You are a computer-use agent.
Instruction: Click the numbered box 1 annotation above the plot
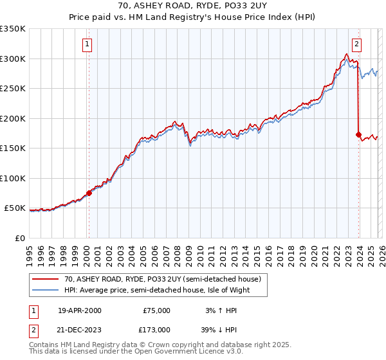[x=87, y=44]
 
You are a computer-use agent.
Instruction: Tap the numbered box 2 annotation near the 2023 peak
[x=356, y=44]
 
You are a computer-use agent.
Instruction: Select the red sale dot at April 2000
[x=89, y=193]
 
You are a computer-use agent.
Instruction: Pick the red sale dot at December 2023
[x=358, y=134]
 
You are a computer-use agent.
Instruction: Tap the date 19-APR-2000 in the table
[x=79, y=310]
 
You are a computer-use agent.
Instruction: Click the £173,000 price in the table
[x=156, y=329]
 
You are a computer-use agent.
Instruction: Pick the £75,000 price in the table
[x=156, y=310]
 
